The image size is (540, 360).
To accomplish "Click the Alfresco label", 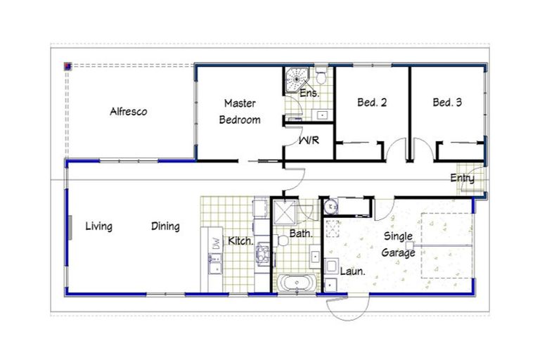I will click(x=128, y=111).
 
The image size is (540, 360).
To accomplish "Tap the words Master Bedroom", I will click(x=239, y=111).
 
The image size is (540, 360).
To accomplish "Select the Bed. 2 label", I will click(x=372, y=103).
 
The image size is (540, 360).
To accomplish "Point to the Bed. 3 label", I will click(x=447, y=103).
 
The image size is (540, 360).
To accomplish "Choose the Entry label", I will click(x=462, y=179).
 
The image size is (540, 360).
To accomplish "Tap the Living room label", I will click(x=98, y=226).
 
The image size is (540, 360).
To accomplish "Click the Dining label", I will click(x=165, y=226).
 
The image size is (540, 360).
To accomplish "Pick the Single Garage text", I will click(x=399, y=245).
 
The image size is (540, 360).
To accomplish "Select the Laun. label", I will click(x=351, y=270).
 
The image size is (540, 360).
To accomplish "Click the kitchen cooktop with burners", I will click(x=263, y=252).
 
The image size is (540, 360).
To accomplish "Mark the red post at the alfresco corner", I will click(x=68, y=67).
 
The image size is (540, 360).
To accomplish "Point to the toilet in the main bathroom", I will click(x=282, y=240).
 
